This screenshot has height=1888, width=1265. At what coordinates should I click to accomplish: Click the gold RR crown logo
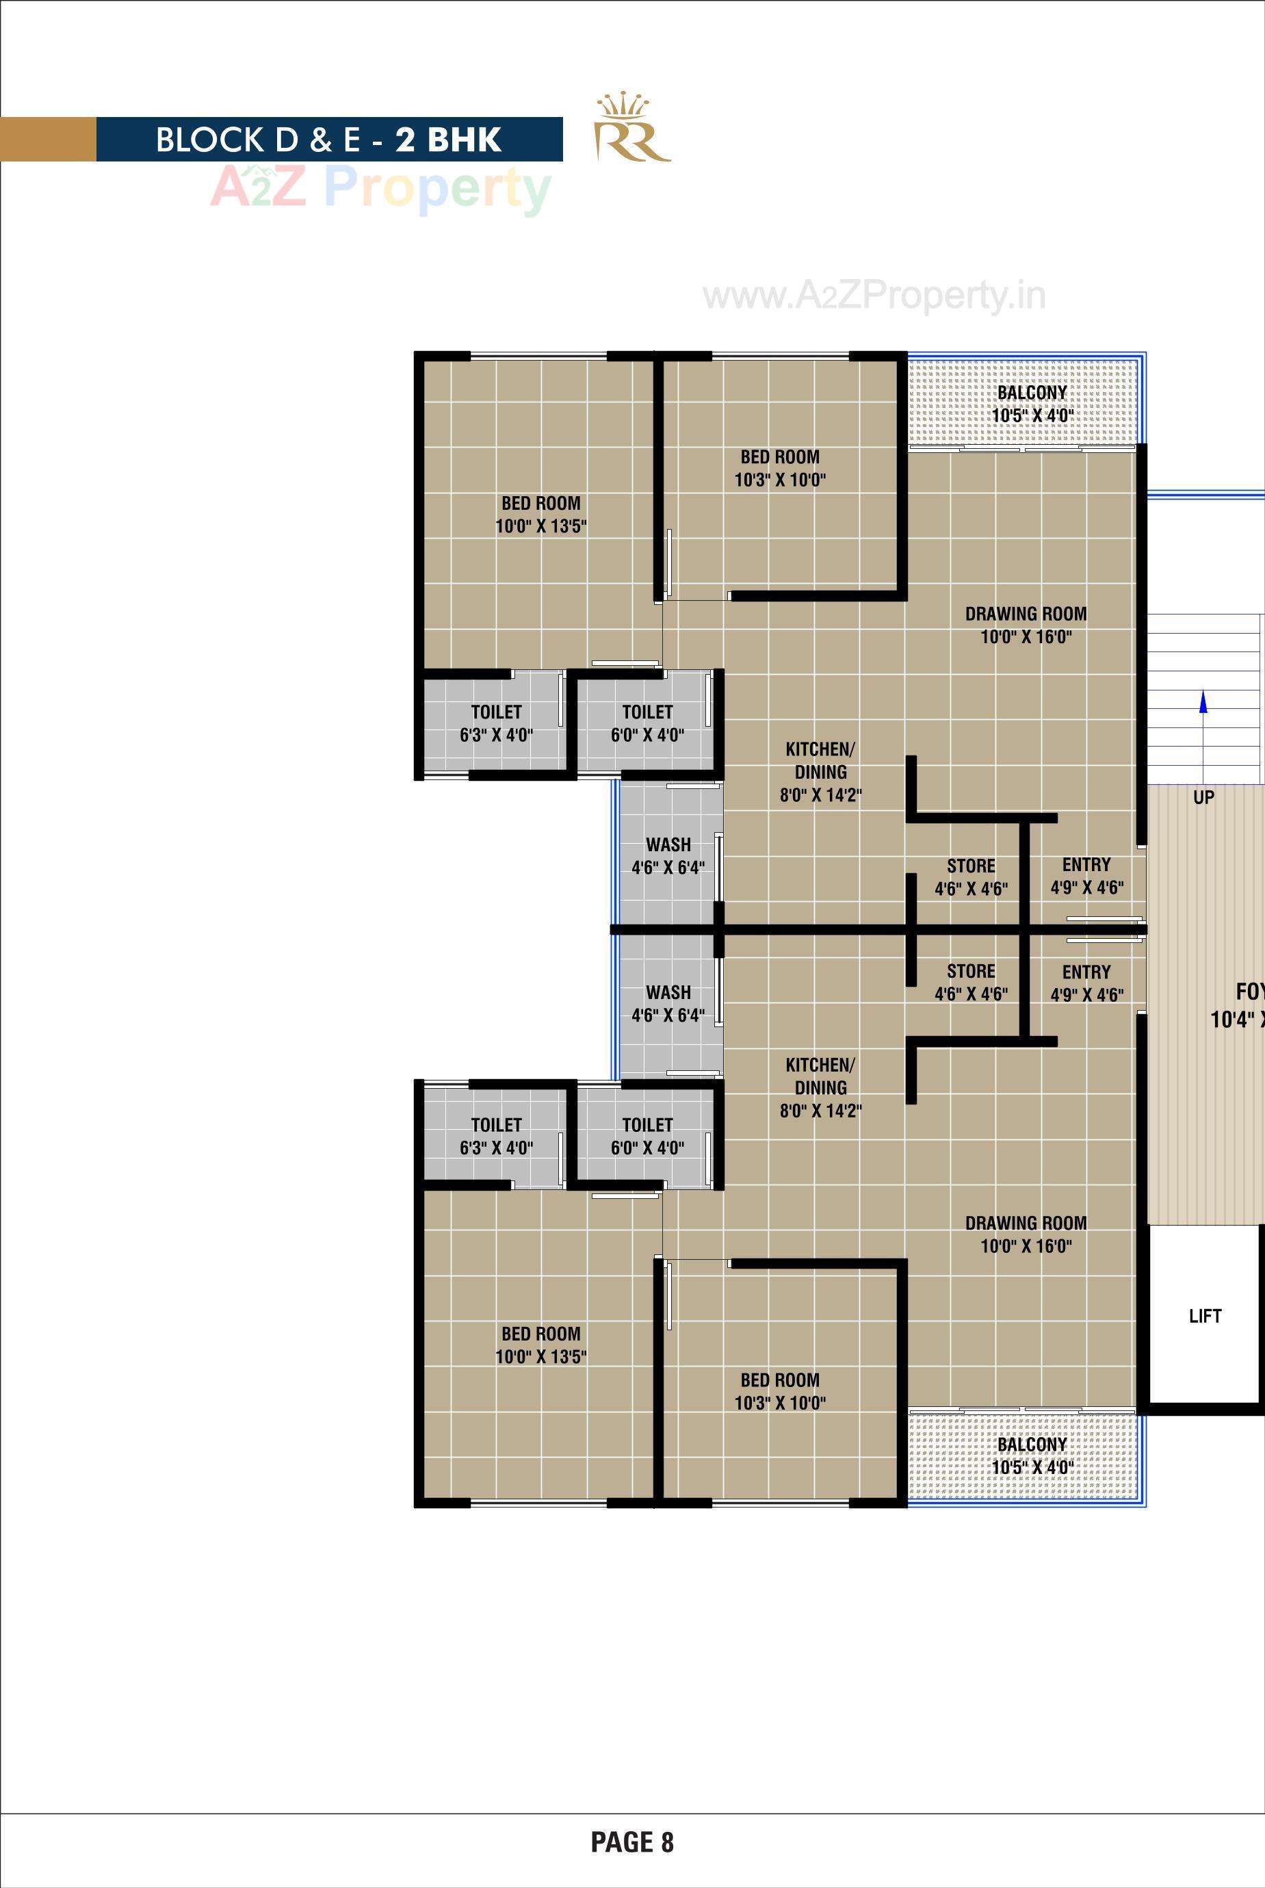631,129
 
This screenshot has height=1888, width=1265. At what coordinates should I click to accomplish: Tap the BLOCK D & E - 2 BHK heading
328,140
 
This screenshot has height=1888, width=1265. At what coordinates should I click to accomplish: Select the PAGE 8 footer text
631,1842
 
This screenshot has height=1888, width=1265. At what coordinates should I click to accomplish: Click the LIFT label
1205,1316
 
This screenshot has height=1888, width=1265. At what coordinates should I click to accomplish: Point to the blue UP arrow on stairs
1203,703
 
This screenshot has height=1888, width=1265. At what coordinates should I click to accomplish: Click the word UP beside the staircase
1203,797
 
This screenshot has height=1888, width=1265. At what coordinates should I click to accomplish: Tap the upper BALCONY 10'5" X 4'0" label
1032,404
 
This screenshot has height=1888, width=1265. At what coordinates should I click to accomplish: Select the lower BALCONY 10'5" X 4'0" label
1032,1456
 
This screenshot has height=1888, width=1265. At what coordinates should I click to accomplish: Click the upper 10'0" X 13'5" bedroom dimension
540,527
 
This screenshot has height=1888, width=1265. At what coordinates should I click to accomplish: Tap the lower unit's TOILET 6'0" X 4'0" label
647,1136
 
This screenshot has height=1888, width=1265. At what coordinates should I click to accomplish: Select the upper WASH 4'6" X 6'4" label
668,856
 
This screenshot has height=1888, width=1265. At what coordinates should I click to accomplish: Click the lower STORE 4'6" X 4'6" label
971,983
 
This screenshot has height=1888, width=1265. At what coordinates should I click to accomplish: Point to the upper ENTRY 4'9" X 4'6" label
1086,876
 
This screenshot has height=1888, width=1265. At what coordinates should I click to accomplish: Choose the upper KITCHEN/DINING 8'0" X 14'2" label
820,772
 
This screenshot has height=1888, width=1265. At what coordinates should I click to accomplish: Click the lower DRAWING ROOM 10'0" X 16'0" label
1026,1234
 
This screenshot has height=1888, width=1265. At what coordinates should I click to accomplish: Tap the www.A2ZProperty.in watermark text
874,296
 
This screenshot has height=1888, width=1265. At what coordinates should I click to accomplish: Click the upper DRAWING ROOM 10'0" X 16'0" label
1026,625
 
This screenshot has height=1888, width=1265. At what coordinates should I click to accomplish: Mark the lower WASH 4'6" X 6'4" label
668,1004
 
